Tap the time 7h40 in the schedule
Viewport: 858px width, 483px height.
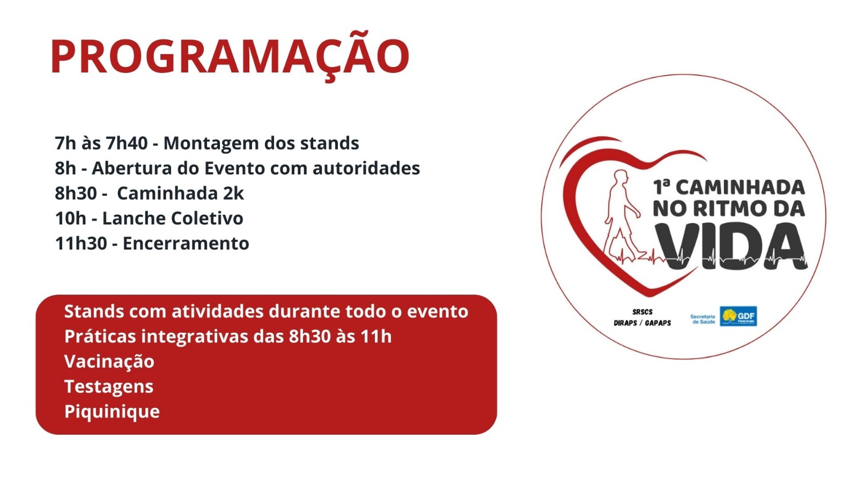pyautogui.click(x=127, y=143)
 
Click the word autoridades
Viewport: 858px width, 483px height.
pyautogui.click(x=367, y=169)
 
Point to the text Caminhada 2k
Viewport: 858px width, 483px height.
pyautogui.click(x=180, y=193)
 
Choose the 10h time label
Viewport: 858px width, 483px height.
pyautogui.click(x=70, y=218)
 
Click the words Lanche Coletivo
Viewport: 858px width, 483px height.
pyautogui.click(x=173, y=218)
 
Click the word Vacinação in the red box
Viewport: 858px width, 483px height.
pyautogui.click(x=109, y=362)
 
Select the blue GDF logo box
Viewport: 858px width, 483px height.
pyautogui.click(x=738, y=316)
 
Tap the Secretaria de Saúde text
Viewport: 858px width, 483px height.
pyautogui.click(x=702, y=319)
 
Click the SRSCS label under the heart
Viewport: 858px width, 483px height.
pyautogui.click(x=642, y=312)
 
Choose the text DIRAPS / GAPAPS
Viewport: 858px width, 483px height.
pyautogui.click(x=642, y=323)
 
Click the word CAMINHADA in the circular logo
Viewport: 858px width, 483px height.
pyautogui.click(x=741, y=188)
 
